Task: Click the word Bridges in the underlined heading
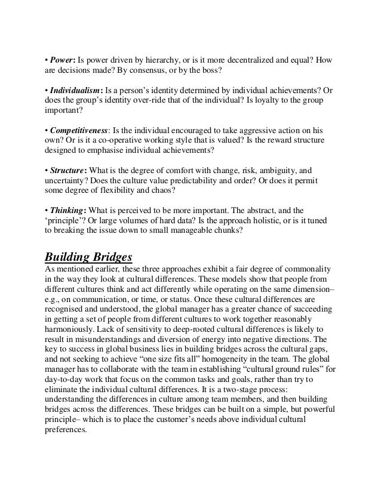pos(109,258)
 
